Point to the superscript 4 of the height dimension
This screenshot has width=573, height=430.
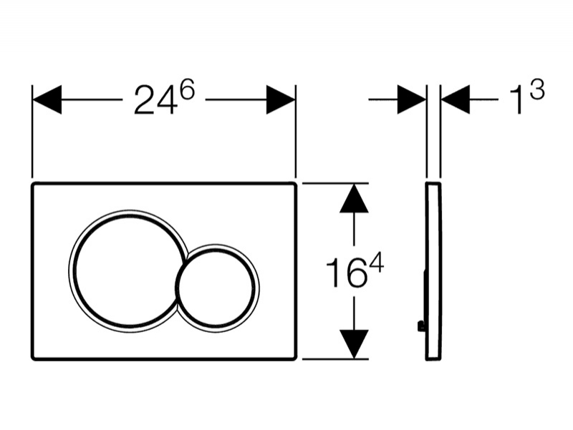click(375, 263)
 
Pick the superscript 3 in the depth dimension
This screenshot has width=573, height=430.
click(536, 89)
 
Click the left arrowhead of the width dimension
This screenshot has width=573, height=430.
click(47, 99)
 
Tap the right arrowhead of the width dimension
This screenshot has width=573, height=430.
click(281, 99)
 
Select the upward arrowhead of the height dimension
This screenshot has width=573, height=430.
click(354, 198)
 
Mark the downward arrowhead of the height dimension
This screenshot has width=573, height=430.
click(354, 344)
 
